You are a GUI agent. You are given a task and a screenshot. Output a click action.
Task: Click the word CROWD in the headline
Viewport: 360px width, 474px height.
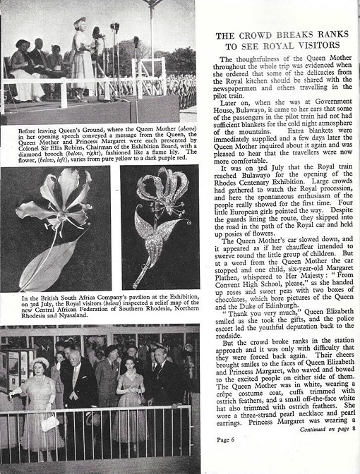pyautogui.click(x=256, y=35)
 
